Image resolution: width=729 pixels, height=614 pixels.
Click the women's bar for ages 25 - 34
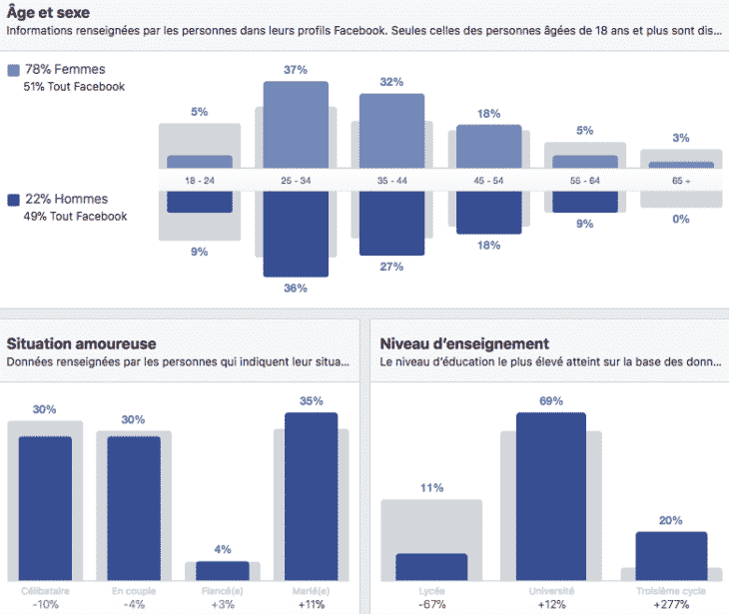click(296, 125)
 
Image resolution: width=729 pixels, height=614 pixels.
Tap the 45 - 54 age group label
click(488, 181)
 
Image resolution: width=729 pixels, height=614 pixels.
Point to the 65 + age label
click(681, 181)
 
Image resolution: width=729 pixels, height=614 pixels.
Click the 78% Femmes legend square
click(13, 70)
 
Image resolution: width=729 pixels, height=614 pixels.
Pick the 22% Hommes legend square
click(13, 200)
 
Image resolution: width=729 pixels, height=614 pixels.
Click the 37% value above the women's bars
click(296, 69)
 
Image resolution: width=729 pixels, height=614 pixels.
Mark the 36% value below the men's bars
click(296, 289)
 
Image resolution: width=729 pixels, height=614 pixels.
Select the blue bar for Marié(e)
click(311, 496)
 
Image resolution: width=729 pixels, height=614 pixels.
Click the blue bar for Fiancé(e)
click(223, 570)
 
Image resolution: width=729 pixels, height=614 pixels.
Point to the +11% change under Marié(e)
click(311, 605)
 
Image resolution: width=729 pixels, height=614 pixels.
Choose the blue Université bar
click(551, 496)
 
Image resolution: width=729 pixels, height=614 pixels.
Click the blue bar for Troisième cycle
click(671, 555)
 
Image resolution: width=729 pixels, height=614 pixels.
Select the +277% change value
click(671, 605)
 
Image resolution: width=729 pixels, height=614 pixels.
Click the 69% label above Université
click(551, 400)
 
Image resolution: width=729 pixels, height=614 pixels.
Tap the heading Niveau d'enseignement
click(464, 343)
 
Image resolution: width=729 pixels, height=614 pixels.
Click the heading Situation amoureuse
click(81, 343)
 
